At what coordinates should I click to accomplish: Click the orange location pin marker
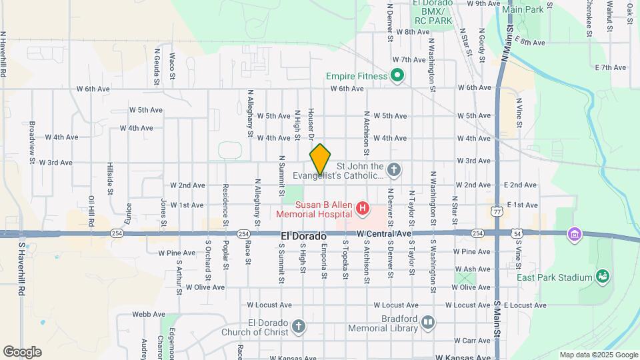[x=320, y=159]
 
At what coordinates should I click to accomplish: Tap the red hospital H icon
[x=363, y=209]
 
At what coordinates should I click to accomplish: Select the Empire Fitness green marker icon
[x=397, y=76]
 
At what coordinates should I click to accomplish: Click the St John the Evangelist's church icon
[x=394, y=171]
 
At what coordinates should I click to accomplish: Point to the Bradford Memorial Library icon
[x=427, y=323]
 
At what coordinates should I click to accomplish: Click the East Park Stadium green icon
[x=603, y=276]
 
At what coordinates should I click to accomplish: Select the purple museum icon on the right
[x=574, y=234]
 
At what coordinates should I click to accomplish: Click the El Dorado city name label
[x=304, y=237]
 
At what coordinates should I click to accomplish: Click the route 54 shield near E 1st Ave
[x=517, y=233]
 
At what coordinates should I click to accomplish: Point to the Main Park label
[x=523, y=10]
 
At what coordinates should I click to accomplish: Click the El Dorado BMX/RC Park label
[x=433, y=12]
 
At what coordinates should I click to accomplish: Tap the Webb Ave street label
[x=148, y=314]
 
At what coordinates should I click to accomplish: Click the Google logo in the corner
[x=22, y=352]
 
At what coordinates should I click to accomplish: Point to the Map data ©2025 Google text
[x=597, y=355]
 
